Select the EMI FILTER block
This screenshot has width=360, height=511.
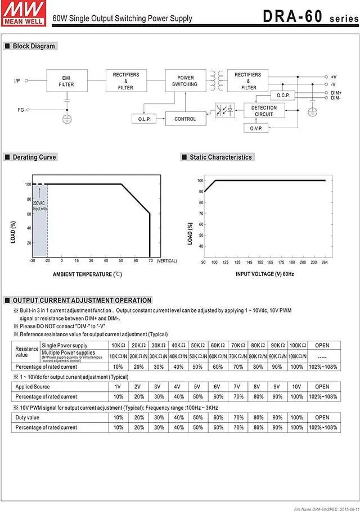coord(66,81)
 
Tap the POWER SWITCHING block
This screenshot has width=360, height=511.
coord(185,81)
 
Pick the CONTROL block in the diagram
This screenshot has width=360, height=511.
coord(185,119)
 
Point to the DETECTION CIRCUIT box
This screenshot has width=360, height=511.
coord(264,111)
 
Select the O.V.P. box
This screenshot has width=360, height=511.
coord(256,129)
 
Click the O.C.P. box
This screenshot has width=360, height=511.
coord(282,95)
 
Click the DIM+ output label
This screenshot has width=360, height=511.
coord(336,93)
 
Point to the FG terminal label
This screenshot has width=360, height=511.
coord(20,110)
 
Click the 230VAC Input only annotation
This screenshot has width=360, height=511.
coord(40,206)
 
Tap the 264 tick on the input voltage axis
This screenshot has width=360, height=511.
coord(325,262)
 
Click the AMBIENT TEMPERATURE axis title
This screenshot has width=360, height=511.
coord(87,274)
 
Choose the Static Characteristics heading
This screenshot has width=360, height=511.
coord(220,157)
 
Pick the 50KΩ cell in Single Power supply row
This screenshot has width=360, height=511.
coord(198,345)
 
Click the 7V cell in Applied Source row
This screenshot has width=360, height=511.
coord(238,387)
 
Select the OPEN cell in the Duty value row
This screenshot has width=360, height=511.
coord(322,418)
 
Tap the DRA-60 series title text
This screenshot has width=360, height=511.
coord(309,16)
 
